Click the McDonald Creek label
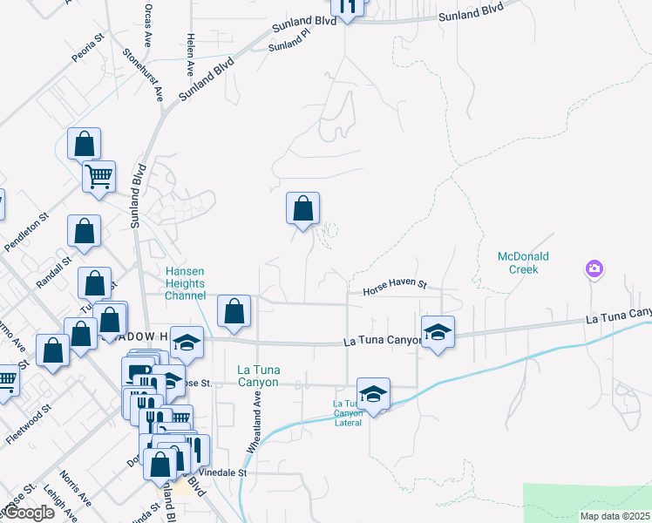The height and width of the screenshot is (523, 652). coord(518,262)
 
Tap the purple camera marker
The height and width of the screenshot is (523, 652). coord(594,268)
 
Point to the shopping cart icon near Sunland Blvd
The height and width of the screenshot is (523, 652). coord(98,176)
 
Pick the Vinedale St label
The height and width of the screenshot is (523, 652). coord(225,472)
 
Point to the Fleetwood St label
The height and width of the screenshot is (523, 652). coord(26,424)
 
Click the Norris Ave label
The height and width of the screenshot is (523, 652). coord(77,490)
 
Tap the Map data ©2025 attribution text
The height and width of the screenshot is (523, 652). coord(615,516)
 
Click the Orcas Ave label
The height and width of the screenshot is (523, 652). coord(148,29)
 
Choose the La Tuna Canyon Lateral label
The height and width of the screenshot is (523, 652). coord(347,413)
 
